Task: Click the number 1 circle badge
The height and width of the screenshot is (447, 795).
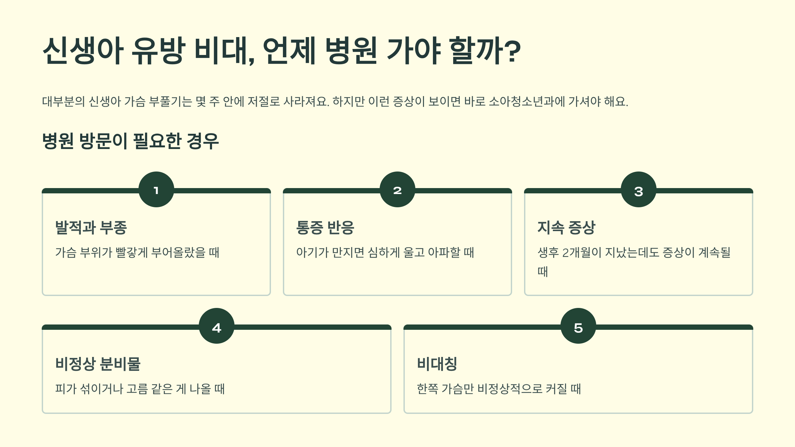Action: pos(156,189)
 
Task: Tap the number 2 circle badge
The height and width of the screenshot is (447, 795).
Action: pos(397,189)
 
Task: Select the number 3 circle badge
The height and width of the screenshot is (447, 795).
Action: pos(639,189)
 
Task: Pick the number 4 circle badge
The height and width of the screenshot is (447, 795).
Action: pos(217,326)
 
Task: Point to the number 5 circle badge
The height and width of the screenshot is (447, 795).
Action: pos(578,326)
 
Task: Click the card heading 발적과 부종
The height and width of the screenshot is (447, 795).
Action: pos(91,227)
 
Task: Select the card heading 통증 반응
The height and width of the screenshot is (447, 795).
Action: pos(325,227)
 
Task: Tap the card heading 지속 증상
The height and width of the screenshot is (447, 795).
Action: pos(566,227)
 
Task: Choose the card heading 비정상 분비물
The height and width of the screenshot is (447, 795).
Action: pos(98,364)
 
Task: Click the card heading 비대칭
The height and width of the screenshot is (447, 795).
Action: pos(437,364)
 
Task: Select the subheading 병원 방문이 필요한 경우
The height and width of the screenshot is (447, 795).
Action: pos(131,141)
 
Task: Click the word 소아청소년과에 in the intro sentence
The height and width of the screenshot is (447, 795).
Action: pos(527,101)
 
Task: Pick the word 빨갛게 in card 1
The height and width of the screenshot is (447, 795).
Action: pos(132,253)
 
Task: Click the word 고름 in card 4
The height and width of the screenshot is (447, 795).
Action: pos(137,389)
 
